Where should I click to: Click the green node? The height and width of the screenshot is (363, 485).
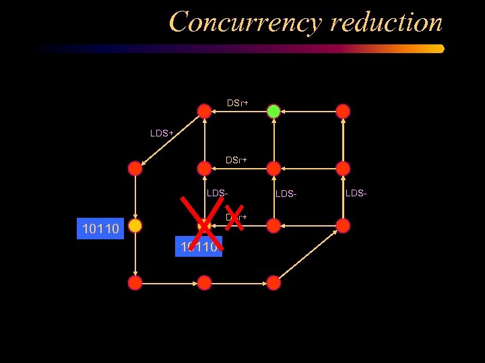pyautogui.click(x=273, y=111)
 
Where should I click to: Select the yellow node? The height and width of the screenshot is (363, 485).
pyautogui.click(x=135, y=226)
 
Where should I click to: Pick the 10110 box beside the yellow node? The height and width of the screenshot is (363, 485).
pyautogui.click(x=100, y=229)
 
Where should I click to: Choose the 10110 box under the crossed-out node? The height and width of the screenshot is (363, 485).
pyautogui.click(x=198, y=247)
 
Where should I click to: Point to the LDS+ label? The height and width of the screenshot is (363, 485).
pyautogui.click(x=162, y=133)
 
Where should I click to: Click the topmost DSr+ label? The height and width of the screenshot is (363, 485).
pyautogui.click(x=237, y=103)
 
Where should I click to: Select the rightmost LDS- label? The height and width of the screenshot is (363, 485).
pyautogui.click(x=356, y=193)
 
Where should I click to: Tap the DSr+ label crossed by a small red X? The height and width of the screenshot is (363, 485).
pyautogui.click(x=236, y=217)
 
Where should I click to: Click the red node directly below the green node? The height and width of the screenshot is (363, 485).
pyautogui.click(x=273, y=168)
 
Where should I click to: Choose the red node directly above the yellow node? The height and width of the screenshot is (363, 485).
pyautogui.click(x=135, y=168)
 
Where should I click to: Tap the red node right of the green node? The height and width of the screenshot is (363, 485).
pyautogui.click(x=343, y=111)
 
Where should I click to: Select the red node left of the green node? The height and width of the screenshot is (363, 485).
pyautogui.click(x=204, y=111)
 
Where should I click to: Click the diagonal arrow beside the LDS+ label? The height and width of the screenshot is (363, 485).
pyautogui.click(x=170, y=139)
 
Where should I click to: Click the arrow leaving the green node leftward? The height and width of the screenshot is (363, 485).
pyautogui.click(x=238, y=111)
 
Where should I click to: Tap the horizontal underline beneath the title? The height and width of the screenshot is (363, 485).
pyautogui.click(x=239, y=48)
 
